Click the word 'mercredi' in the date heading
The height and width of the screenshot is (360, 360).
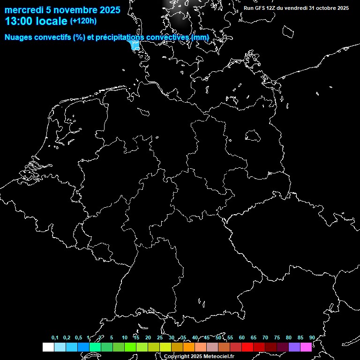(23, 9)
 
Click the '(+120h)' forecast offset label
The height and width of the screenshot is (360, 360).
(83, 21)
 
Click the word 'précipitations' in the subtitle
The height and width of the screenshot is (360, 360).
(120, 37)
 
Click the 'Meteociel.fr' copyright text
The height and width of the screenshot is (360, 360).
(216, 356)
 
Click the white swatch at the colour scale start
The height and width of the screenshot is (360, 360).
(48, 347)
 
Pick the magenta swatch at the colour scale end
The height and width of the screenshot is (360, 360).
(306, 347)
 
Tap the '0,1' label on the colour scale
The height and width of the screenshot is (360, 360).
(55, 338)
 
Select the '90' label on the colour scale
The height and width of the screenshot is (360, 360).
(312, 338)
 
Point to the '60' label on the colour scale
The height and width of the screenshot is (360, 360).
(241, 338)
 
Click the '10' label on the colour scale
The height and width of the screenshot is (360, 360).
(124, 338)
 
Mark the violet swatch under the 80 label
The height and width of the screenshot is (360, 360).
(294, 347)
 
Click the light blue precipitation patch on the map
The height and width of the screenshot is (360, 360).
(135, 45)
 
